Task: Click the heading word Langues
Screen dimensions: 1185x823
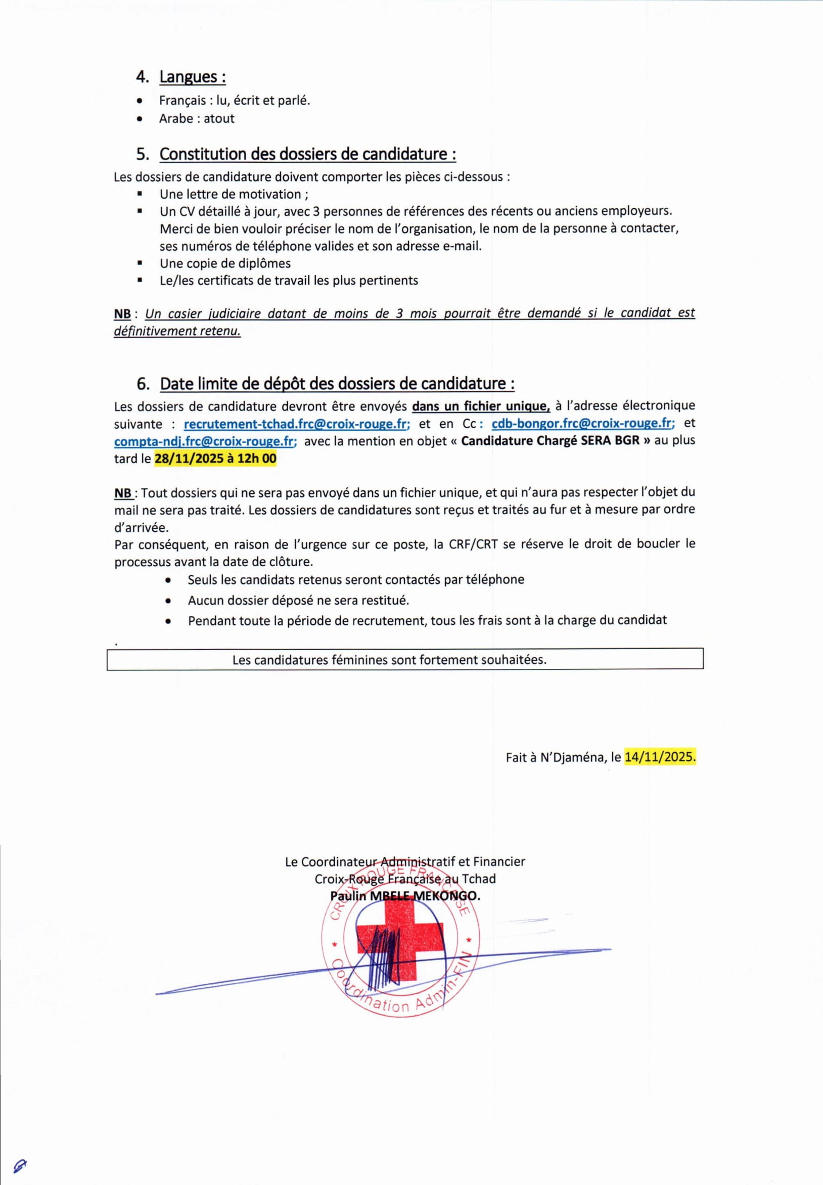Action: [x=191, y=77]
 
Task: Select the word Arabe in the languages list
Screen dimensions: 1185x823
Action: [x=176, y=119]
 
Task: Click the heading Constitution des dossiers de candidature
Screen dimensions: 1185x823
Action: [x=307, y=154]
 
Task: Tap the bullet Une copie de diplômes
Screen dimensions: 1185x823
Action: [x=225, y=263]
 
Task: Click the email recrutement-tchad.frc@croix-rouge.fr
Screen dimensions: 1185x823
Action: [x=297, y=424]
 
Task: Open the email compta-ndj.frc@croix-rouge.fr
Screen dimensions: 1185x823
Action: [x=205, y=441]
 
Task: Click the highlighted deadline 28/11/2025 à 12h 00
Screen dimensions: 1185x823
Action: [x=215, y=459]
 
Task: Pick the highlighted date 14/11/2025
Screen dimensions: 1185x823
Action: [x=660, y=757]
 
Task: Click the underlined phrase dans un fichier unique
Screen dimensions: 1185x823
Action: [x=481, y=406]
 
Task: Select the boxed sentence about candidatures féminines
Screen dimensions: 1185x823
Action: [x=389, y=660]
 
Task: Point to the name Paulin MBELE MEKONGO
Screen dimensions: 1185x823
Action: [x=405, y=896]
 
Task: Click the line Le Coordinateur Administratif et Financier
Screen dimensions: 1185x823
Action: [x=405, y=861]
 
